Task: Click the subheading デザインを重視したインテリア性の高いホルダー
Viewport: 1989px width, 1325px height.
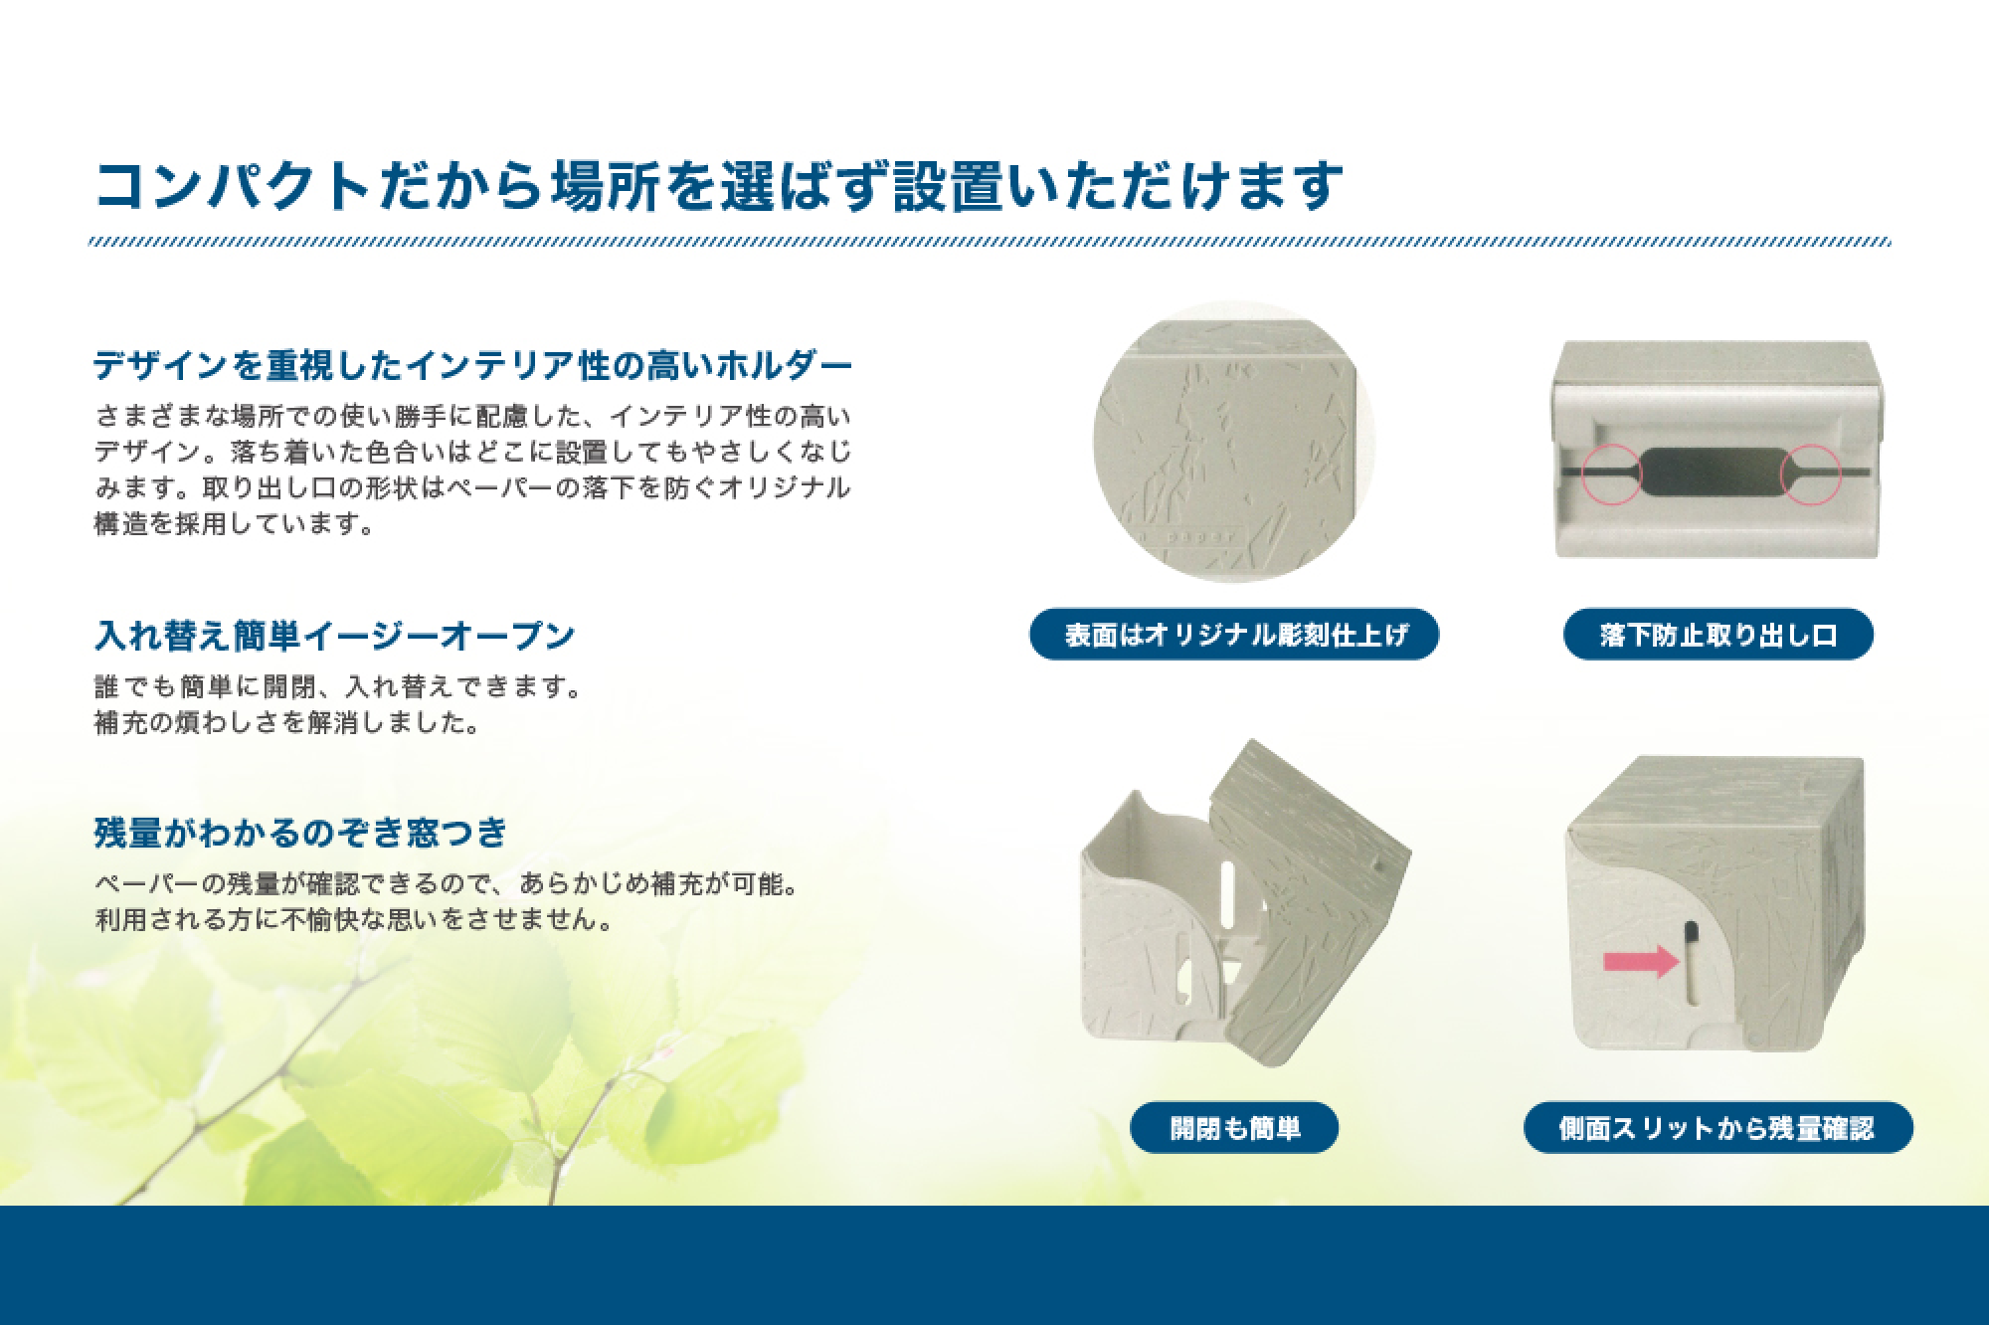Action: pos(473,366)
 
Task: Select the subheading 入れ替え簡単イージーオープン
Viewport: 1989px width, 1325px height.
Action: pos(335,635)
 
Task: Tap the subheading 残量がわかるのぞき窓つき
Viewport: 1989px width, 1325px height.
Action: pos(301,832)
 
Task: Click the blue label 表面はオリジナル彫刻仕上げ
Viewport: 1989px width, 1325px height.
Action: pos(1234,634)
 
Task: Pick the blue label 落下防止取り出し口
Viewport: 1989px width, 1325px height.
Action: pos(1718,634)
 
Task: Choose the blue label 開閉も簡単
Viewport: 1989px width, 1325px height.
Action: pos(1234,1128)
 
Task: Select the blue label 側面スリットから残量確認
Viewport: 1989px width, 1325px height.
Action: pos(1718,1128)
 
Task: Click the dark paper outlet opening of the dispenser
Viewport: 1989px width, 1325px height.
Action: pos(1712,471)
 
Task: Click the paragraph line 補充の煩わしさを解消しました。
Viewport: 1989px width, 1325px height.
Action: pos(287,722)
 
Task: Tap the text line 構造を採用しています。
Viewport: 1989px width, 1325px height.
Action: pos(235,523)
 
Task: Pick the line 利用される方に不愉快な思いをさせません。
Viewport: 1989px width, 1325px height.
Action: pos(353,919)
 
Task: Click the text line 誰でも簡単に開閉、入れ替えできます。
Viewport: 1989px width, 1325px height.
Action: pos(337,687)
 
